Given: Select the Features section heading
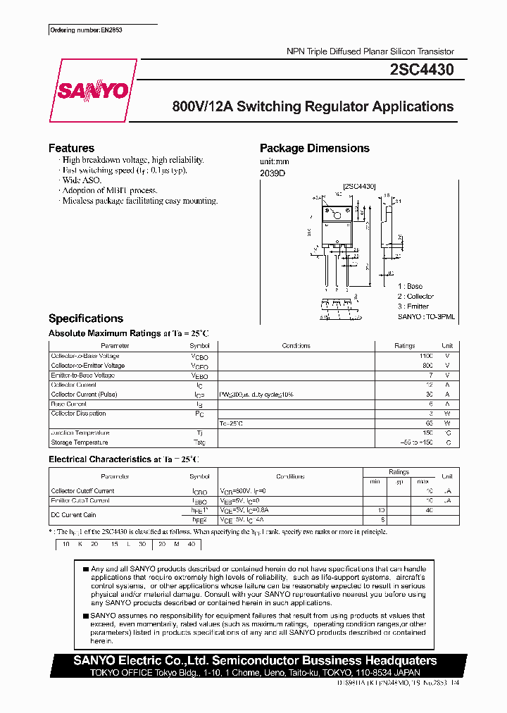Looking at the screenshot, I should (71, 148).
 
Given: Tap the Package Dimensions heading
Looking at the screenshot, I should (314, 148).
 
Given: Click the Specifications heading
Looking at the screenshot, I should (85, 318).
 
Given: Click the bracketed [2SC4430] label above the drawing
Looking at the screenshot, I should (359, 186).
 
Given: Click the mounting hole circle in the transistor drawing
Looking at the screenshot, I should (337, 214).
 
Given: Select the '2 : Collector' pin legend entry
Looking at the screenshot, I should (415, 297).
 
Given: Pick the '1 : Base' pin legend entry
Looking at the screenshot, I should (410, 286).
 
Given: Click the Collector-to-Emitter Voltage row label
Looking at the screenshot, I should (88, 366).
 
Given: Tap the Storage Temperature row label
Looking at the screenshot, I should (80, 442).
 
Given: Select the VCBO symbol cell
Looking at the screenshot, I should (199, 356).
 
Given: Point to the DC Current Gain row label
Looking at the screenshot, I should (74, 515).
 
